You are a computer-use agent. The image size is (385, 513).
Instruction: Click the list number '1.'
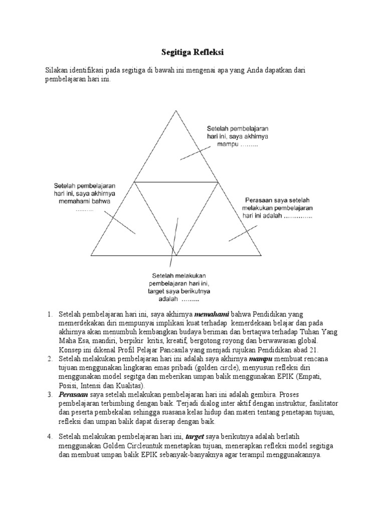(50, 314)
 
